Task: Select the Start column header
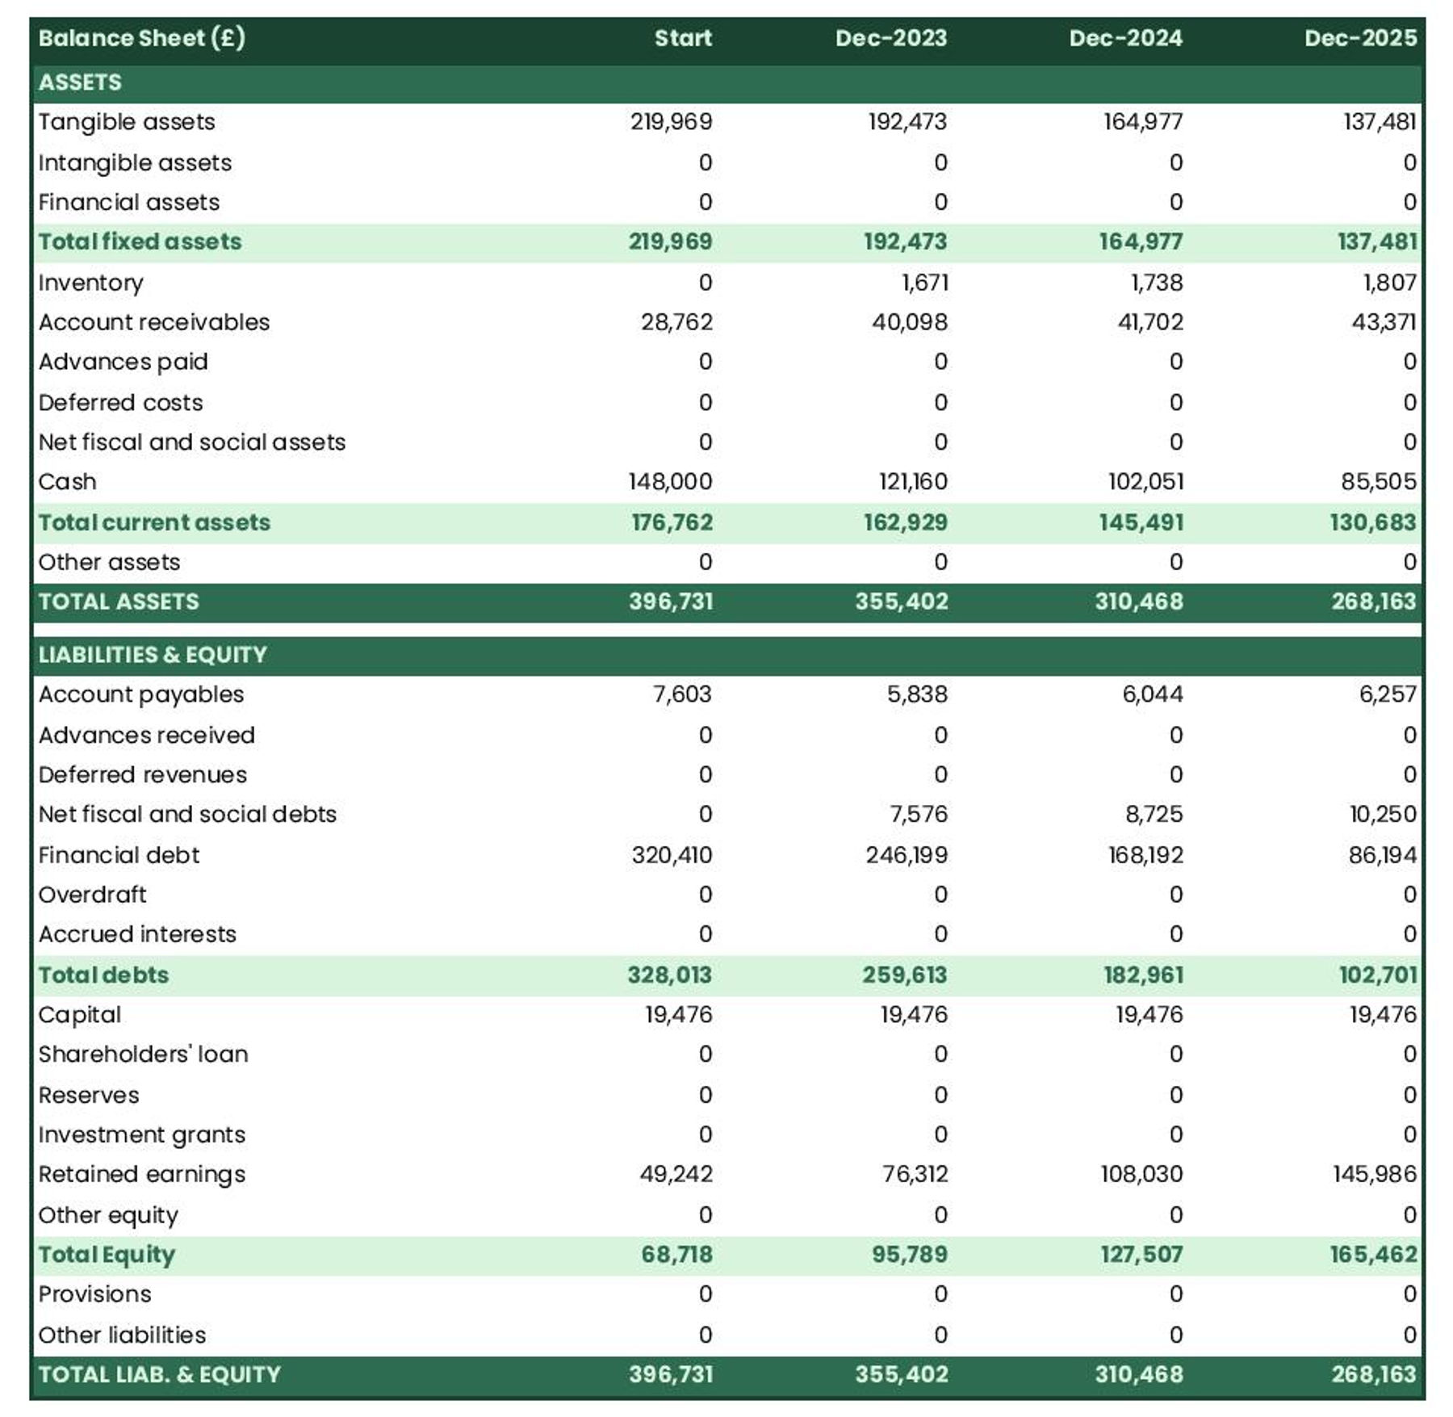(x=682, y=38)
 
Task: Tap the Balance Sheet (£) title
(x=141, y=38)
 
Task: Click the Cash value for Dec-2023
(x=913, y=482)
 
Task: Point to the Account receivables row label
(x=153, y=322)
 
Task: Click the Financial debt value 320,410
(x=672, y=855)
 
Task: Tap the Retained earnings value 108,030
(x=1141, y=1174)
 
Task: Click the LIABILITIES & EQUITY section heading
(x=152, y=654)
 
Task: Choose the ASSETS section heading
(x=80, y=82)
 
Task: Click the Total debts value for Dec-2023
(x=904, y=975)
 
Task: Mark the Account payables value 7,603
(x=682, y=694)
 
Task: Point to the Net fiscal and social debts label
(x=186, y=814)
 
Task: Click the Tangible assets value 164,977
(x=1142, y=122)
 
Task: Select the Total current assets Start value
(x=672, y=522)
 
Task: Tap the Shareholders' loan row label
(x=143, y=1054)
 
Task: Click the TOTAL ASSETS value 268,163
(x=1373, y=602)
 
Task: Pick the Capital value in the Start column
(x=678, y=1014)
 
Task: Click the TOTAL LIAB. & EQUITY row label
(x=159, y=1373)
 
